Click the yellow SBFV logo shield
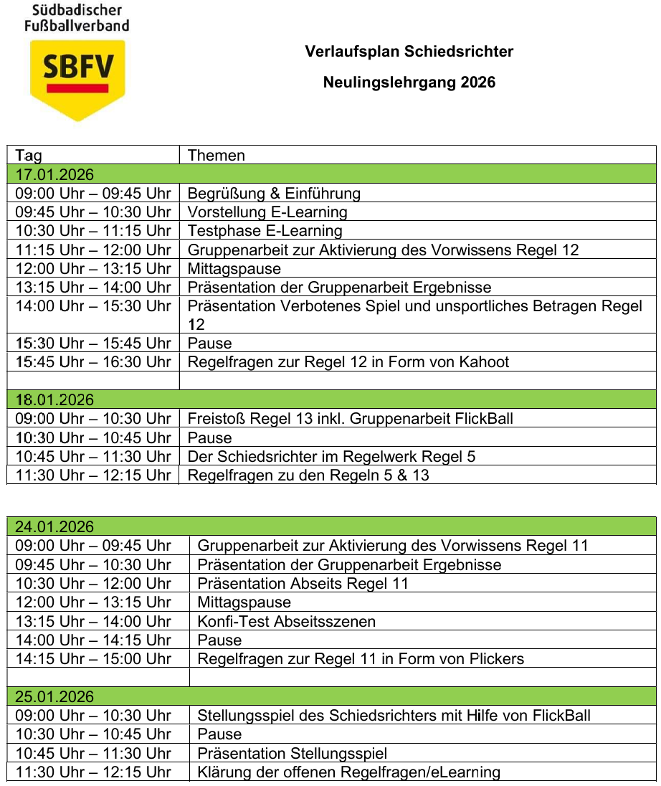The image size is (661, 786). [77, 79]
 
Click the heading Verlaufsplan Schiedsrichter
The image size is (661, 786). [409, 52]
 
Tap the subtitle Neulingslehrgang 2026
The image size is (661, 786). [409, 82]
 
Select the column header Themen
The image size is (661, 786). [217, 156]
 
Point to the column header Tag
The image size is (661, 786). [29, 156]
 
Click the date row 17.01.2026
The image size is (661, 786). [54, 174]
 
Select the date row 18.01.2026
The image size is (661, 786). [54, 400]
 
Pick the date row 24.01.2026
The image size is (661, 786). [54, 527]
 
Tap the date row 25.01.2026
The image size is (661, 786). [54, 697]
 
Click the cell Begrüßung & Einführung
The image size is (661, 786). [274, 194]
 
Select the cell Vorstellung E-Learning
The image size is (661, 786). [267, 212]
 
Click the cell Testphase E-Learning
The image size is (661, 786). [265, 231]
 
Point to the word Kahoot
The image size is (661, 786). [485, 362]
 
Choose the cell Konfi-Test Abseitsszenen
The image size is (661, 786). [286, 622]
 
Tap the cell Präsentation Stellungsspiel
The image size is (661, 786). [292, 754]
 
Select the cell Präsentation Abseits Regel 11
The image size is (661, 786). [303, 584]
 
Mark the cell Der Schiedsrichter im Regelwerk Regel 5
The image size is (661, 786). [331, 457]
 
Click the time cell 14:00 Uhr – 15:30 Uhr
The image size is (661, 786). [93, 306]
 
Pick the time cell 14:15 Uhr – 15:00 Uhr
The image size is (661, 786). [93, 659]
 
